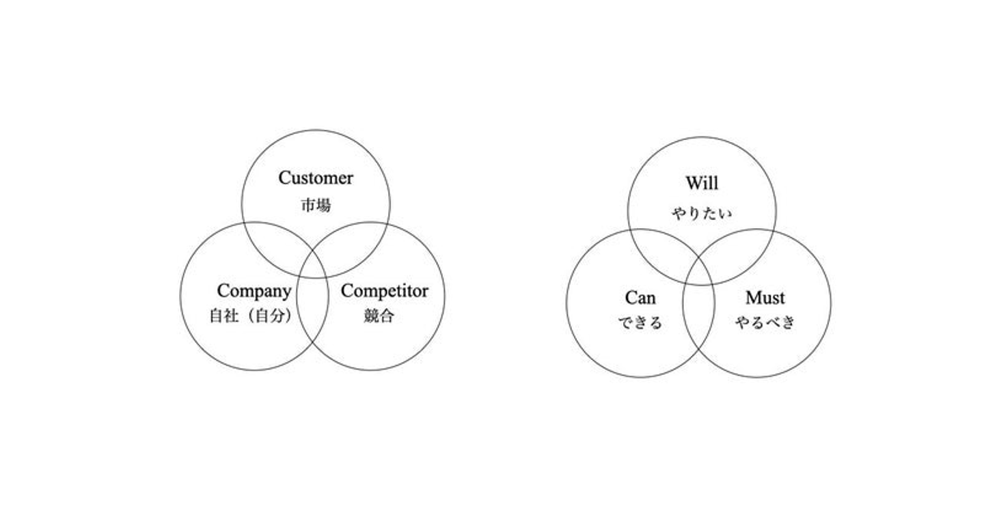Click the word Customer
coord(316,178)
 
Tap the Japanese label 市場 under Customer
coord(316,205)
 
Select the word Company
coord(254,291)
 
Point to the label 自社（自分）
coord(251,316)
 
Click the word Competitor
coord(385,291)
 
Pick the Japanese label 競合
coord(379,316)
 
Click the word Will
coord(702,184)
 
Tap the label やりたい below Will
coord(702,214)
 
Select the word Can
coord(640,298)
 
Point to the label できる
coord(640,322)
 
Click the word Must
coord(765,298)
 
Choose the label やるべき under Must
coord(765,322)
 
